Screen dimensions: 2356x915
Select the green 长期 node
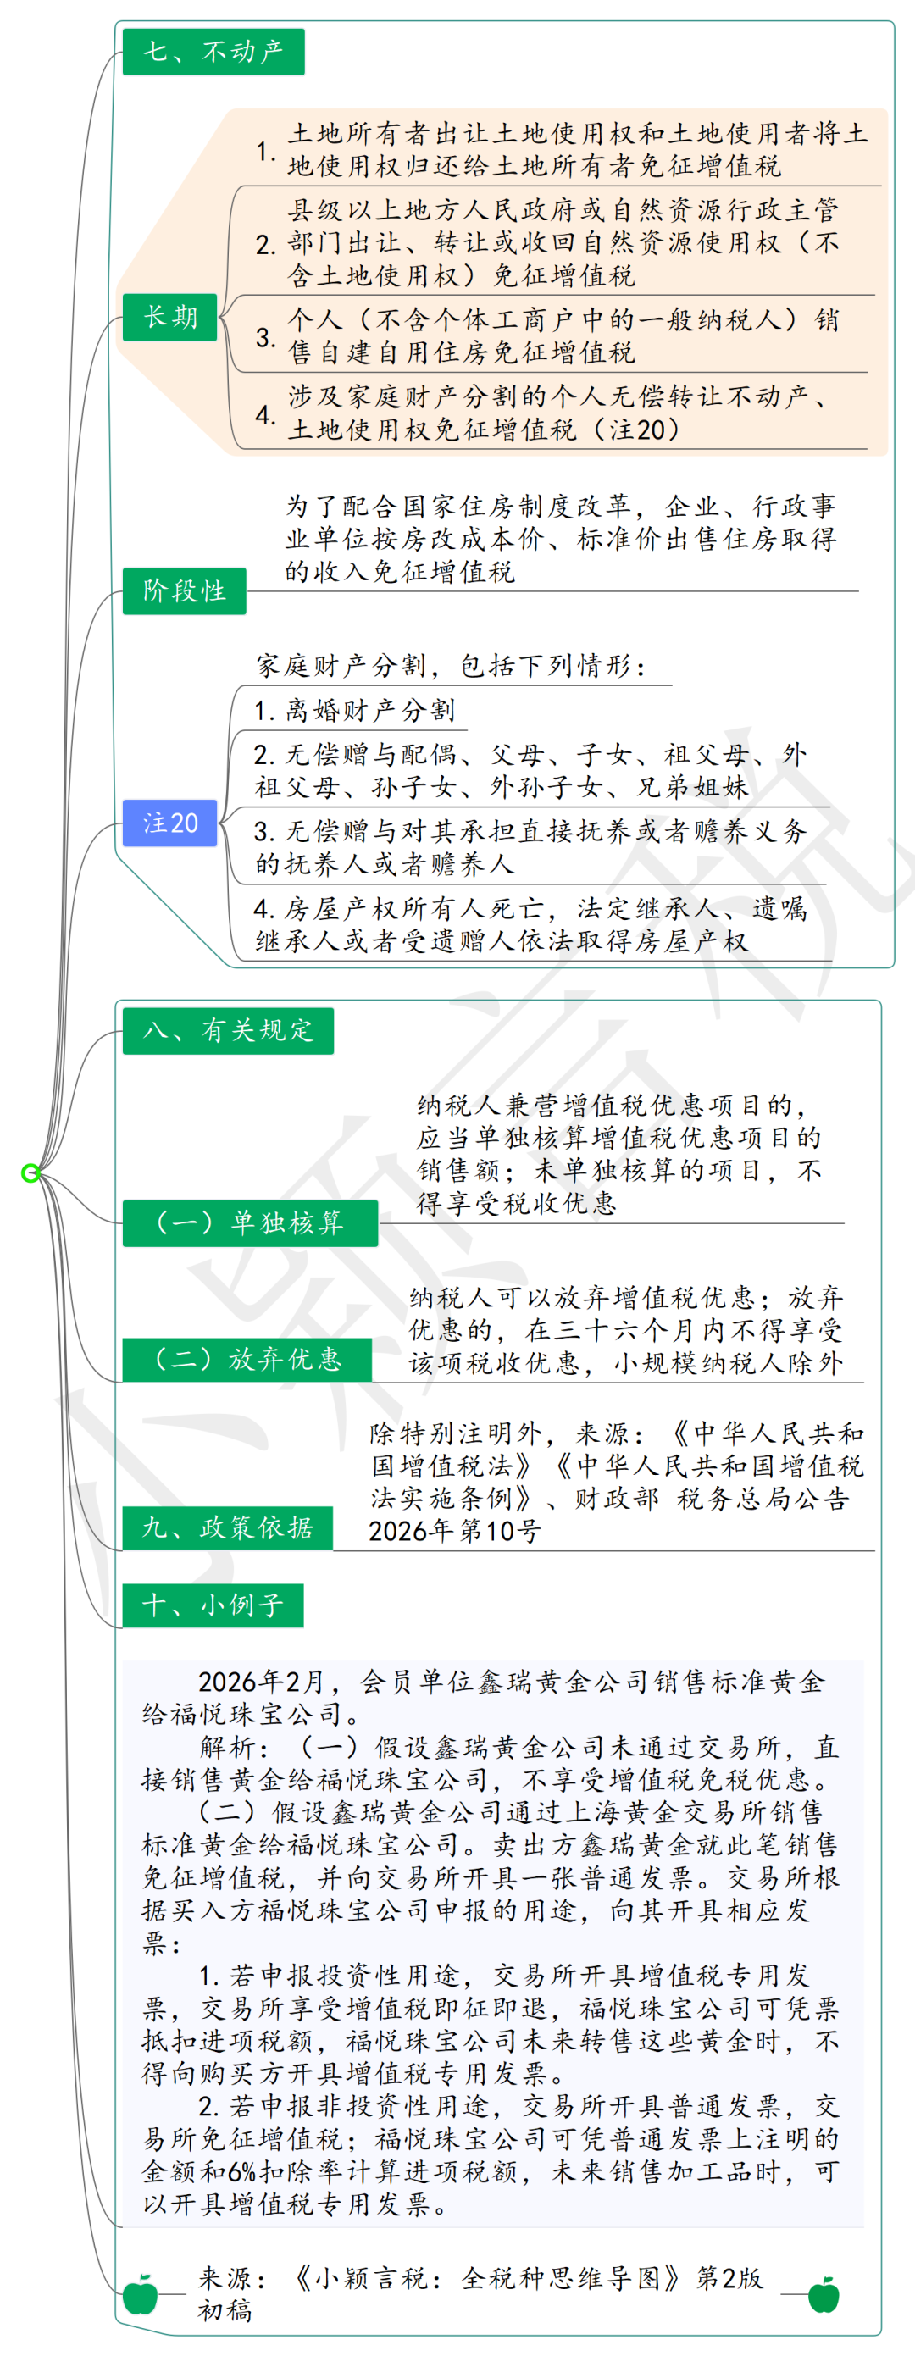[x=170, y=317]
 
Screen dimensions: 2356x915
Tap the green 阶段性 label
[x=184, y=590]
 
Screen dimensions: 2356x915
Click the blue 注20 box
[x=170, y=823]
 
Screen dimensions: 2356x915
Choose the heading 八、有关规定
[x=228, y=1030]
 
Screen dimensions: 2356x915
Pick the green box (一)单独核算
[x=250, y=1222]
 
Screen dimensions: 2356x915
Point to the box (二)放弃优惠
[x=247, y=1358]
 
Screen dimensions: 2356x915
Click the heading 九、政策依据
[x=227, y=1527]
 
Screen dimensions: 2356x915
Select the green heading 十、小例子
[x=213, y=1605]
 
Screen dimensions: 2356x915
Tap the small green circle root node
[x=30, y=1172]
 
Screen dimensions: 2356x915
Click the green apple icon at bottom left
[x=140, y=2294]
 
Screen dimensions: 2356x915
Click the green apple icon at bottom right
[x=823, y=2294]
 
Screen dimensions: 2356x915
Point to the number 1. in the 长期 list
[x=265, y=150]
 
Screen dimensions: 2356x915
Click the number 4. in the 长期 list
[x=265, y=414]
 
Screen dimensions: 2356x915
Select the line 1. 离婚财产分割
[x=353, y=710]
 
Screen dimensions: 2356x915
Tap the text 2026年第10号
[x=454, y=1531]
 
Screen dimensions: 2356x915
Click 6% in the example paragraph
[x=241, y=2172]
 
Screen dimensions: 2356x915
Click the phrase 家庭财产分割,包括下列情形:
[x=450, y=665]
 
